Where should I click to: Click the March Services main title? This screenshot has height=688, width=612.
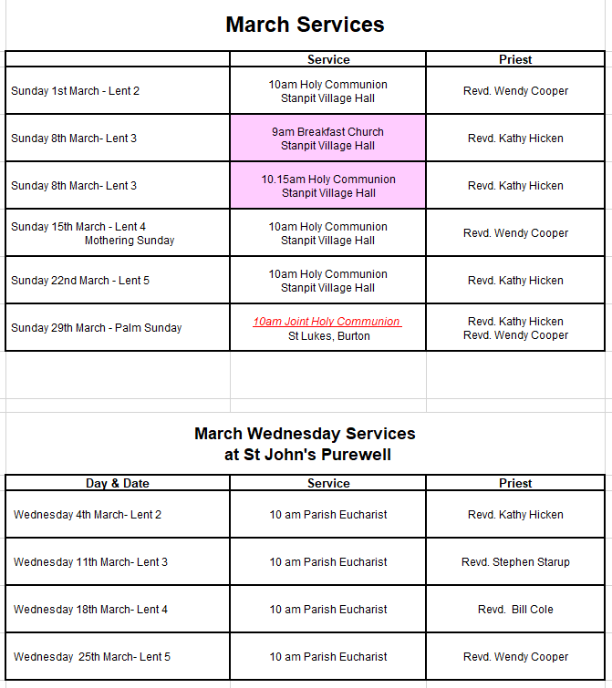305,25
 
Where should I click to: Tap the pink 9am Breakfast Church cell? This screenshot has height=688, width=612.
327,139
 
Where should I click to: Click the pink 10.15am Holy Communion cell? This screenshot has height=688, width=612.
327,186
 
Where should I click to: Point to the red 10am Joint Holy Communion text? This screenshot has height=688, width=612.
327,322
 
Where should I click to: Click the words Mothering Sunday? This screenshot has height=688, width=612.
130,241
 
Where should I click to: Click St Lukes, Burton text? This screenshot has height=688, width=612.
328,335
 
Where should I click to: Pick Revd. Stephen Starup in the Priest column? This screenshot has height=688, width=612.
515,562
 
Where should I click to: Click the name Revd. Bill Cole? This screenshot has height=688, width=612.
515,610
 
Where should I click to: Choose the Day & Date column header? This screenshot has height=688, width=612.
118,484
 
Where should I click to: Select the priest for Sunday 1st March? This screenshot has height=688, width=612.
515,91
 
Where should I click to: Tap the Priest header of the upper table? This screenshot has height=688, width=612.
515,59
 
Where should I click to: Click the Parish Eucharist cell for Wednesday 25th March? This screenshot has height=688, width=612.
327,657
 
